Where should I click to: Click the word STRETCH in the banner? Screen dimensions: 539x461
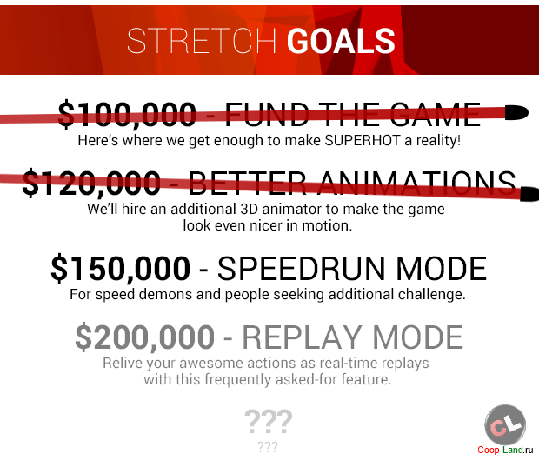point(202,41)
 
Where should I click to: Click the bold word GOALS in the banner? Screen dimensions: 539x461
point(341,41)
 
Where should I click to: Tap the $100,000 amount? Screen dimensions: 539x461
point(127,115)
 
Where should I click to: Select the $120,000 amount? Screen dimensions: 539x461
point(91,184)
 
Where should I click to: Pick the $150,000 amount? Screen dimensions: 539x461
point(120,269)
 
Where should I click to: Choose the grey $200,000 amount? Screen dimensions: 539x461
point(144,337)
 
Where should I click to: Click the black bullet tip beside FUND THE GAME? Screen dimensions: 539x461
point(516,112)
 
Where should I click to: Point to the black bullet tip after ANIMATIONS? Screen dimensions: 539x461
point(529,194)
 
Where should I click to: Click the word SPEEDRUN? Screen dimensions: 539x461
point(301,269)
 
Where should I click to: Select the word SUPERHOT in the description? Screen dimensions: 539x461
point(363,140)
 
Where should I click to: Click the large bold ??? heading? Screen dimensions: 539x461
point(269,422)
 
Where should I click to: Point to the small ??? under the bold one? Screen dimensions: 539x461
point(268,447)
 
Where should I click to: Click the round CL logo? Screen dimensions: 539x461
point(505,425)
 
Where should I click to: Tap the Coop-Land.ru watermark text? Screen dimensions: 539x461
point(505,450)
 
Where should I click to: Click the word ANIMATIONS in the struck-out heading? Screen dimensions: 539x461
point(416,184)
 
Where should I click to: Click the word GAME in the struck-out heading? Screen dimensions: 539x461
point(436,115)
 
